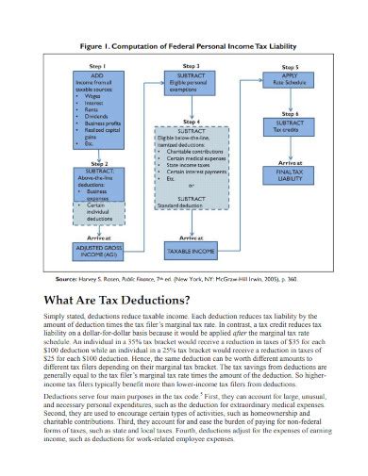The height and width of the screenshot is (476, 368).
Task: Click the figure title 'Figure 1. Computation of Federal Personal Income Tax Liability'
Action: tap(183, 46)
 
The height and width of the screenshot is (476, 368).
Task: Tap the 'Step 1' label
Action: tap(98, 66)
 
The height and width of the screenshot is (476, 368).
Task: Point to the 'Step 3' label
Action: tap(191, 66)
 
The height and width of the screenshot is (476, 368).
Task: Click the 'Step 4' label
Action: tap(192, 122)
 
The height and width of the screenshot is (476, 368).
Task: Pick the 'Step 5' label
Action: tap(289, 68)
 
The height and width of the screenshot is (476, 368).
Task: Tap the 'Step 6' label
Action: tap(289, 113)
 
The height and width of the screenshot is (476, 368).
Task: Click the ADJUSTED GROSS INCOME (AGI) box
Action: tap(98, 252)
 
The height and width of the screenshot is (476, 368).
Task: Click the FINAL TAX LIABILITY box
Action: tap(289, 175)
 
